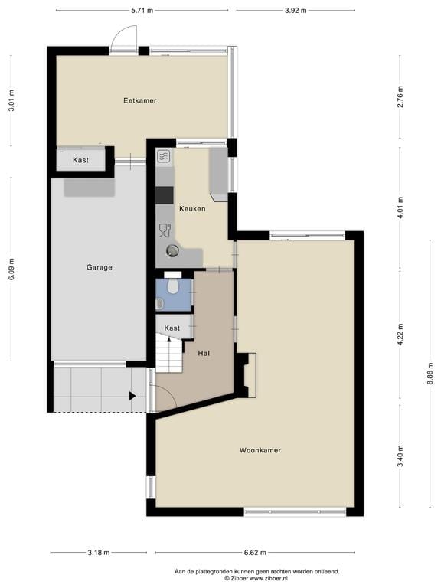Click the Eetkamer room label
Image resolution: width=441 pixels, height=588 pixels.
pos(140,100)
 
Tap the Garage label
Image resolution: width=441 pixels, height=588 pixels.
pos(99,267)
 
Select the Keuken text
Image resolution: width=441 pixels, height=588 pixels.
pos(192,208)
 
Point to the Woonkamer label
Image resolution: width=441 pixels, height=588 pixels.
pos(260,450)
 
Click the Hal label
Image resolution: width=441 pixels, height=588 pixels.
pos(204,353)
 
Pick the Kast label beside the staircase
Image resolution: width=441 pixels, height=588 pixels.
pos(172,328)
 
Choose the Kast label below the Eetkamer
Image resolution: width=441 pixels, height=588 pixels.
pos(80,160)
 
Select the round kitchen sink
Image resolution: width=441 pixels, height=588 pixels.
pos(173,250)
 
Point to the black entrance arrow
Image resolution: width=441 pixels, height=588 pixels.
pos(132,396)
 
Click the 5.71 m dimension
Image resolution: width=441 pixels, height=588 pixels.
pos(142,10)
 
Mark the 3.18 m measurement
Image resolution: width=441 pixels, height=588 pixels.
pos(98,552)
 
